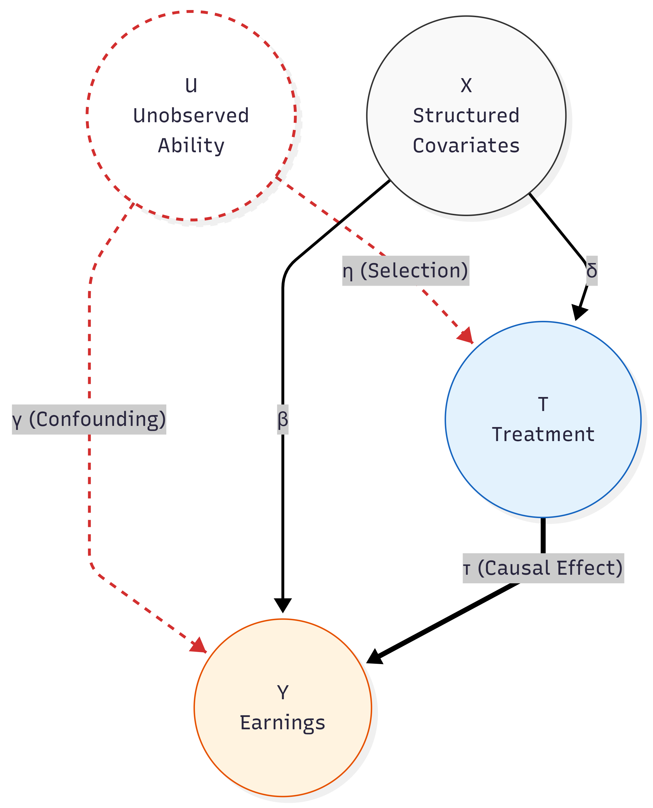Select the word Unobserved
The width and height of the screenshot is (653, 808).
(191, 115)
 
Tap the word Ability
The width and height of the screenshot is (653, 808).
(191, 145)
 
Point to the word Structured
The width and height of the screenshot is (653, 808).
(466, 115)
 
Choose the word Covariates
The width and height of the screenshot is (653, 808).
(466, 145)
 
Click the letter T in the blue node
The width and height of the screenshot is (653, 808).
(543, 404)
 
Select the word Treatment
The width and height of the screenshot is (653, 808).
(543, 434)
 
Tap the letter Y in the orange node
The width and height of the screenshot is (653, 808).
(283, 692)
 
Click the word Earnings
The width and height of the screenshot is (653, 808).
(283, 722)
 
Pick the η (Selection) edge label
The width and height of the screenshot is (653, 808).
(405, 271)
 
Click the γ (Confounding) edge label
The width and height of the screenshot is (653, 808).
(89, 419)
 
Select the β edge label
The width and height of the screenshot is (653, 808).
(283, 419)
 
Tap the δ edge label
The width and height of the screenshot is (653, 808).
(592, 271)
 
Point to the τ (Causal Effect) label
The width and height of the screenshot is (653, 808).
(543, 568)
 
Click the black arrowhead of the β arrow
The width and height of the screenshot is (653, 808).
(283, 604)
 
